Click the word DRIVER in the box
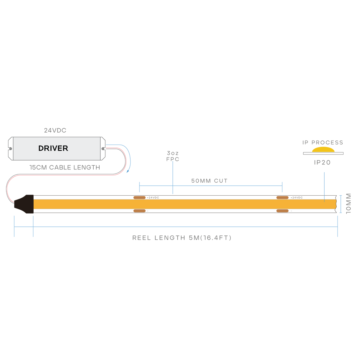pyautogui.click(x=53, y=148)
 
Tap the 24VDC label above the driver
pyautogui.click(x=55, y=130)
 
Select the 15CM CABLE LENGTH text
pyautogui.click(x=65, y=167)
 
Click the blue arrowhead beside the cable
pyautogui.click(x=128, y=171)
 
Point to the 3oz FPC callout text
pyautogui.click(x=173, y=156)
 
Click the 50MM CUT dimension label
pyautogui.click(x=209, y=181)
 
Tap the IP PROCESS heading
pyautogui.click(x=323, y=142)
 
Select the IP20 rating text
pyautogui.click(x=322, y=162)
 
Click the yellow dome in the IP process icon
pyautogui.click(x=323, y=150)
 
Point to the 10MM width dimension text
pyautogui.click(x=348, y=204)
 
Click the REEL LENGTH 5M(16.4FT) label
pyautogui.click(x=182, y=238)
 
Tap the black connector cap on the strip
pyautogui.click(x=24, y=204)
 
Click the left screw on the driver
pyautogui.click(x=10, y=148)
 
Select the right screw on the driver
pyautogui.click(x=103, y=148)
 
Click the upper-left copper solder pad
pyautogui.click(x=139, y=197)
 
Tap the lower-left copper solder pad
pyautogui.click(x=139, y=211)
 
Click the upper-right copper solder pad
pyautogui.click(x=282, y=197)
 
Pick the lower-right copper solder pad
pyautogui.click(x=282, y=211)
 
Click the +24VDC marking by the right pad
pyautogui.click(x=296, y=197)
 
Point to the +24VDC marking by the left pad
pyautogui.click(x=153, y=197)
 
